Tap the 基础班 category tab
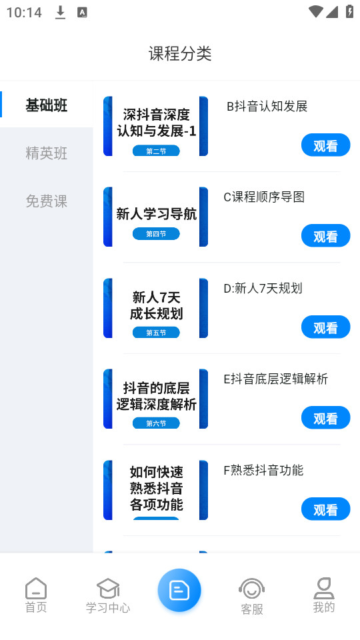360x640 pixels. point(47,105)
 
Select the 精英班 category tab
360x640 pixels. point(47,153)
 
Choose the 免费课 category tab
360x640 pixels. point(47,201)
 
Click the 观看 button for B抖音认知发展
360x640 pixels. point(326,145)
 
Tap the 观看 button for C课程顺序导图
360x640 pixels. point(326,235)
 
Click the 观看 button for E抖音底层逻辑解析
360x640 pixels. point(326,417)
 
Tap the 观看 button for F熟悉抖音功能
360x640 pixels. point(326,509)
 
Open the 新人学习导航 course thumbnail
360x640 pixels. point(155,217)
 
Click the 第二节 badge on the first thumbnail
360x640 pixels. point(156,151)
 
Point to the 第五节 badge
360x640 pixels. point(156,332)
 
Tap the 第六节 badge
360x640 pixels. point(156,423)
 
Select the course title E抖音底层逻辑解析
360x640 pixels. point(275,379)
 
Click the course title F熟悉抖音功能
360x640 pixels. point(263,470)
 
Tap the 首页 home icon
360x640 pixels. point(36,588)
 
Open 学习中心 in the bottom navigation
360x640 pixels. point(108,596)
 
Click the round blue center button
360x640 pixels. point(179,590)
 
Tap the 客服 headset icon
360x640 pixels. point(252,589)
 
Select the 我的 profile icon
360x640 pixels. point(324,588)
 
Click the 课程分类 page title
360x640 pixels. point(180,53)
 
